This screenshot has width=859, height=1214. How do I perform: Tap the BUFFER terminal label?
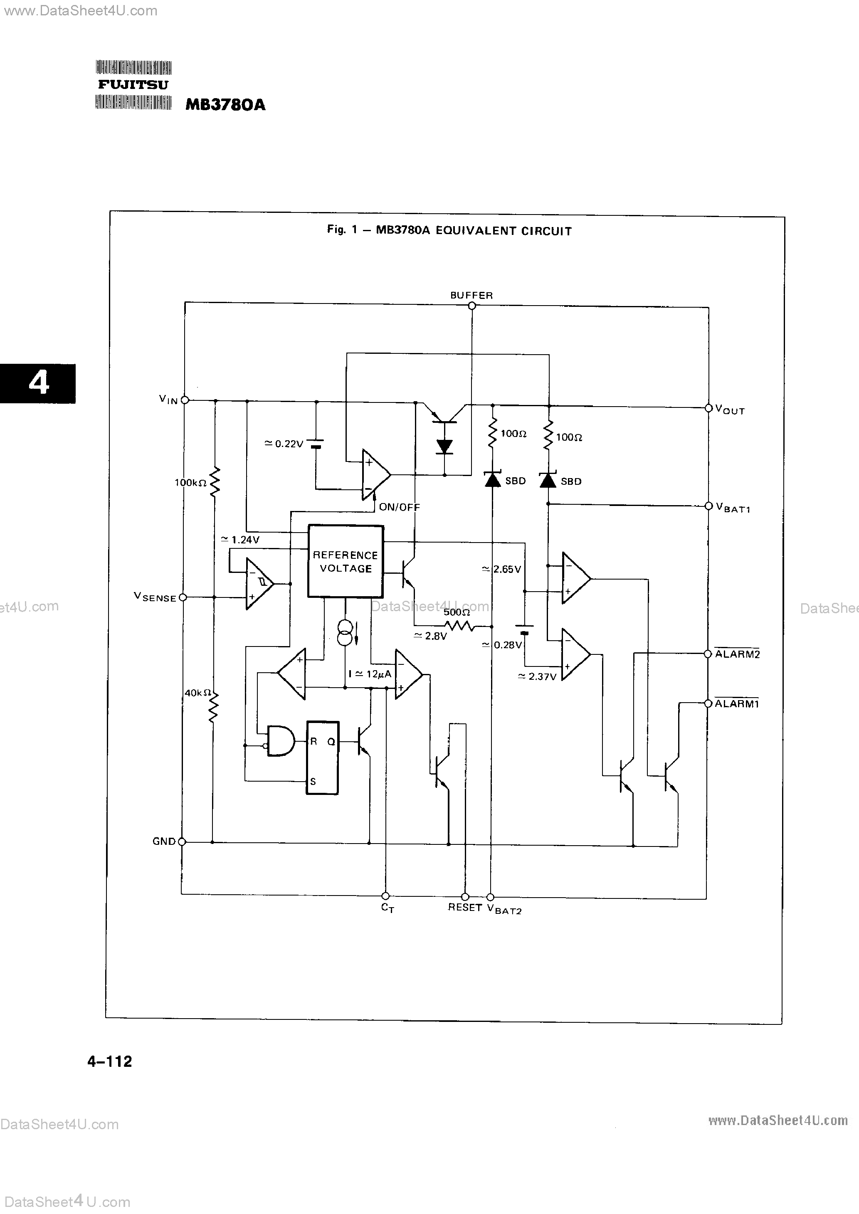(471, 295)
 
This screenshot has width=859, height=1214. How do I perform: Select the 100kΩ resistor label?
(190, 482)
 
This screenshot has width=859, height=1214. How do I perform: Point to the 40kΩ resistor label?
(198, 693)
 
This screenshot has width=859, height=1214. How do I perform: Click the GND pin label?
(163, 841)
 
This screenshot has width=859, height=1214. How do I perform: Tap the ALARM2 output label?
(737, 654)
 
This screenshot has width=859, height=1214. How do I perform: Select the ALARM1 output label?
(737, 704)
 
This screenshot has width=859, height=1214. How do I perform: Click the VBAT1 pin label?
(733, 508)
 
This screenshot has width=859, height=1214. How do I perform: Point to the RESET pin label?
(464, 907)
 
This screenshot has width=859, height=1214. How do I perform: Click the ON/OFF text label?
(399, 507)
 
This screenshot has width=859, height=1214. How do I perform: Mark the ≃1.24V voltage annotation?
(240, 540)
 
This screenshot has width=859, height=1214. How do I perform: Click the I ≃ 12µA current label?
(370, 674)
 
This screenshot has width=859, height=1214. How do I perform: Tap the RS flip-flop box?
(322, 758)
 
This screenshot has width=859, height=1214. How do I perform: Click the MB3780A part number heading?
(225, 105)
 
